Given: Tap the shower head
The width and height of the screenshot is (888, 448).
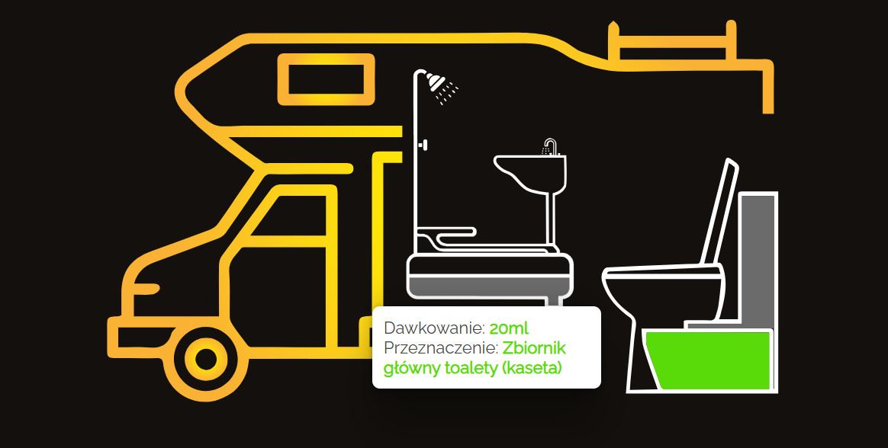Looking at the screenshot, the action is [436, 82].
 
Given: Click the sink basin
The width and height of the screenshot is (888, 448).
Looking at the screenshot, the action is [530, 172].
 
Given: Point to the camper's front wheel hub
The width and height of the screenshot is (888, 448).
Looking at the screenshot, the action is [205, 357].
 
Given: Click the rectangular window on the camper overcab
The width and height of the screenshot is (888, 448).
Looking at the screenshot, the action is [326, 80].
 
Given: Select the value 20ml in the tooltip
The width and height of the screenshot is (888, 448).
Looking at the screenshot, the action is [509, 328].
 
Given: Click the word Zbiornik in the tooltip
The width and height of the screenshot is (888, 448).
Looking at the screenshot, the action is [534, 348].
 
